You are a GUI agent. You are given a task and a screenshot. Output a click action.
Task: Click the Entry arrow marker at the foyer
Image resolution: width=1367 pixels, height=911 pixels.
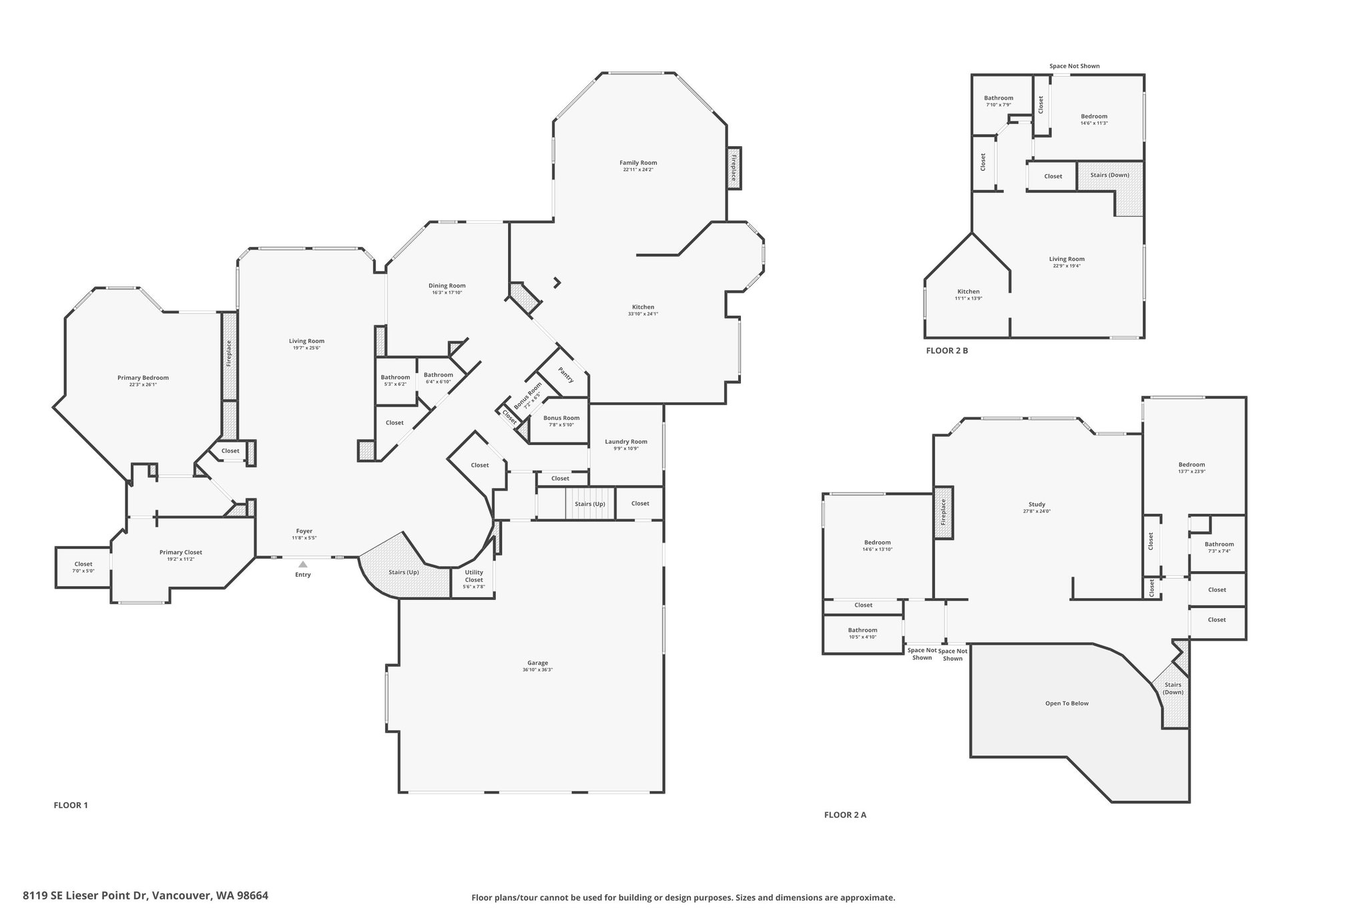coord(303,564)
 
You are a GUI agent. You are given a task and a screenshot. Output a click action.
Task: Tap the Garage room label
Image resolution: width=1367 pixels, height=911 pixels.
coord(538,663)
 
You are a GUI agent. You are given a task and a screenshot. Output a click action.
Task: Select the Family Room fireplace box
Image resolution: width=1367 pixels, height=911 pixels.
coord(734,168)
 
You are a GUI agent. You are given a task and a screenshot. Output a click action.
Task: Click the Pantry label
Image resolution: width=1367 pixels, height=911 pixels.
coord(566,376)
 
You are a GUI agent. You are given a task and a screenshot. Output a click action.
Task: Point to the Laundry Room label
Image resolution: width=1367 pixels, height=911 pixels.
coord(626,441)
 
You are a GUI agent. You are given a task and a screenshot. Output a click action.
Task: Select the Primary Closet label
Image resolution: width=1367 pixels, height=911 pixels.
coord(181,552)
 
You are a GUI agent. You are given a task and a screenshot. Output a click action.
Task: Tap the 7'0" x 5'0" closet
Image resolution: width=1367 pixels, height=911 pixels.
coord(83,567)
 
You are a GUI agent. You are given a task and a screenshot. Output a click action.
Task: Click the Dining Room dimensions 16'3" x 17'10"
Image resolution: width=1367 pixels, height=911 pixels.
coord(447,292)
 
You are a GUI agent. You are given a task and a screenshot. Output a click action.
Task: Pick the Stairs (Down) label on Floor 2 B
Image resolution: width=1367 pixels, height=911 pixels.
coord(1110,175)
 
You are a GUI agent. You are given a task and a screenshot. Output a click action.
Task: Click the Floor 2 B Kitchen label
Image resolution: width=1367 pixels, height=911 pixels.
coord(969,292)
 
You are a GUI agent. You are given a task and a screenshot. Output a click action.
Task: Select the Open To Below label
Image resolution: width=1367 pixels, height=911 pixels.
coord(1067,703)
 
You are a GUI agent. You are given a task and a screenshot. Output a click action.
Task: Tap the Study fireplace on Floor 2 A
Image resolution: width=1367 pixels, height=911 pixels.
coord(944,513)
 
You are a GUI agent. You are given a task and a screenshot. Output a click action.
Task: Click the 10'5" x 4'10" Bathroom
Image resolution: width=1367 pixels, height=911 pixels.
coord(862,633)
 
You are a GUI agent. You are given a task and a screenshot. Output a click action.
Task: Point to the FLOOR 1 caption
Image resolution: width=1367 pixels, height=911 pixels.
coord(71,805)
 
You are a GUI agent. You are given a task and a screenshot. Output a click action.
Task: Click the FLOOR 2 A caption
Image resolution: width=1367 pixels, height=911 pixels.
coord(845,814)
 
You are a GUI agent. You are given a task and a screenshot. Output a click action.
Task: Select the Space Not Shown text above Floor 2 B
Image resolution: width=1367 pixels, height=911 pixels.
coord(1075,66)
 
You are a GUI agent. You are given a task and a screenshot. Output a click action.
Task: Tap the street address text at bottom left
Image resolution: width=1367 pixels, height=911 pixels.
coord(146,896)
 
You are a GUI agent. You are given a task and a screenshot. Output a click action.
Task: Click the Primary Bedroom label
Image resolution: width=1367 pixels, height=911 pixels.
coord(143,377)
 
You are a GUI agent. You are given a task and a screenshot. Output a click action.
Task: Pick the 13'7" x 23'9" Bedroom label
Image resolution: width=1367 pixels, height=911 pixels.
coord(1191,465)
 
